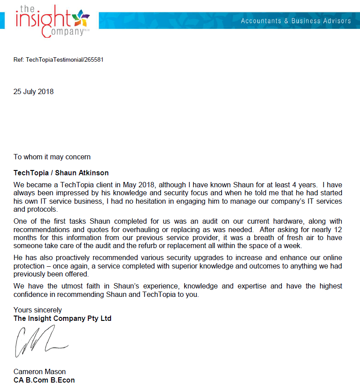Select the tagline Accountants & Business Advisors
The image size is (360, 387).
(x=296, y=21)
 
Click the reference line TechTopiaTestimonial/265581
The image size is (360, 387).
(x=59, y=59)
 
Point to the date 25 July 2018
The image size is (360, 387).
(x=33, y=92)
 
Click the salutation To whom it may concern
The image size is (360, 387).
(x=52, y=157)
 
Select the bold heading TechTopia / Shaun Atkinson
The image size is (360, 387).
(x=61, y=173)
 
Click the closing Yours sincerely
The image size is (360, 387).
(x=38, y=310)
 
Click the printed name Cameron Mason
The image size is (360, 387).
(x=40, y=372)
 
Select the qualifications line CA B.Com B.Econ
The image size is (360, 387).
(x=44, y=380)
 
